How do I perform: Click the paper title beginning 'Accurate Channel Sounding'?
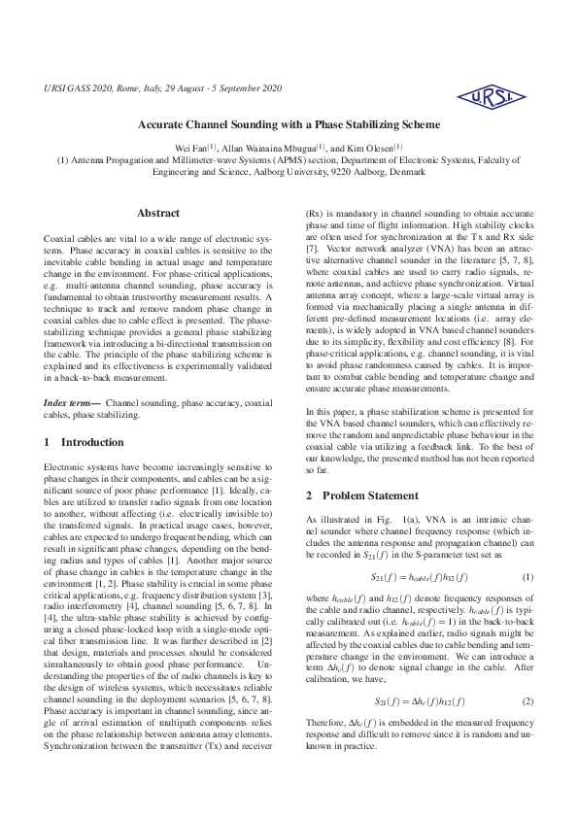coord(289,125)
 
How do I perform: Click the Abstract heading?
coord(158,213)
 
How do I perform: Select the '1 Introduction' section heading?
coord(85,442)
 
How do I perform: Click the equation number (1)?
coord(528,551)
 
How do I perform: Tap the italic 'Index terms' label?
coord(73,402)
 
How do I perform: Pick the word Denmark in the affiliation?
coord(405,171)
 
